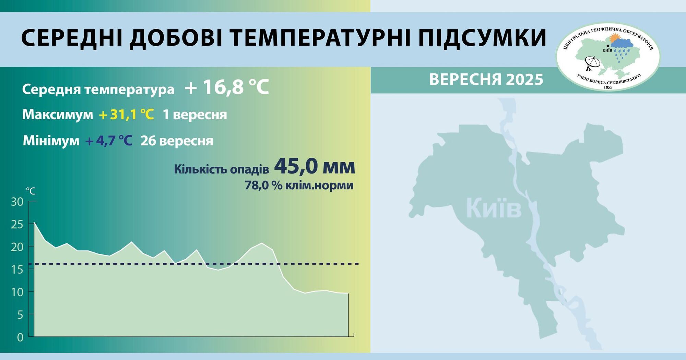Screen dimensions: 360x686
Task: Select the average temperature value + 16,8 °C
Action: tap(227, 87)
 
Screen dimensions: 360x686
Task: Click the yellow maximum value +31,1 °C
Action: tap(126, 115)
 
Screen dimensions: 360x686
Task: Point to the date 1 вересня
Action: tap(194, 115)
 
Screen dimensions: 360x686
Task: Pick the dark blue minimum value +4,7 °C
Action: tap(109, 141)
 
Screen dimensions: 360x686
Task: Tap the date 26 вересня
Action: tap(177, 141)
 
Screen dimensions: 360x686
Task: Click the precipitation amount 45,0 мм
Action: tap(315, 167)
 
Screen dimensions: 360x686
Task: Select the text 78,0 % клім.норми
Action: tap(299, 185)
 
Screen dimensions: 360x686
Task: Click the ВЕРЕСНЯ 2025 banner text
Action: tap(486, 80)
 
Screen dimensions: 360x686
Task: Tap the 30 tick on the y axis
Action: tap(17, 202)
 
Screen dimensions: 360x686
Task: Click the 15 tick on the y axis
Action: tap(17, 269)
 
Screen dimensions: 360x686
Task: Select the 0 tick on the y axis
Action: tap(20, 337)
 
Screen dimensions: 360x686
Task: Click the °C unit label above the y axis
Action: tap(31, 191)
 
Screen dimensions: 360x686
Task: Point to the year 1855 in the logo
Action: tap(608, 87)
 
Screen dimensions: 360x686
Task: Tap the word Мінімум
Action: tap(51, 141)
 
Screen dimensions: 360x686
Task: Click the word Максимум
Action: tap(58, 115)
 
